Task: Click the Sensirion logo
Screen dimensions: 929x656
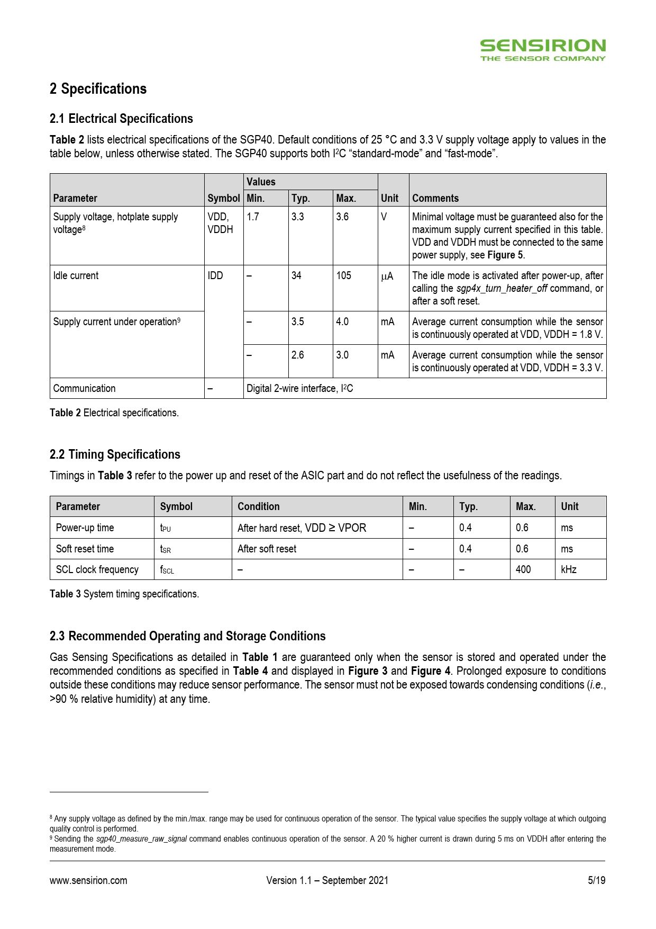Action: [x=542, y=50]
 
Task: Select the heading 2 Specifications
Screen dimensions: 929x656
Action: [x=98, y=89]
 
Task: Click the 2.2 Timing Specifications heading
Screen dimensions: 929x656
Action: [x=115, y=454]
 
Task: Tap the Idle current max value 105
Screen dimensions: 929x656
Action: [x=344, y=275]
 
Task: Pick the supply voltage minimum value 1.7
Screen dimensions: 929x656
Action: [x=253, y=217]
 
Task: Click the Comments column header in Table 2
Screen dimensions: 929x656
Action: [x=435, y=198]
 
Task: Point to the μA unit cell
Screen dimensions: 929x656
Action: [x=387, y=276]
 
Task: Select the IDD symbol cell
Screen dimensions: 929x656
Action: [x=215, y=275]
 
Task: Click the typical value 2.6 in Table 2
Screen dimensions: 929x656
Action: [x=298, y=355]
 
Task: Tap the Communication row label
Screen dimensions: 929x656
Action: [x=84, y=388]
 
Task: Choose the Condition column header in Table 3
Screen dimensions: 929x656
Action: [x=258, y=506]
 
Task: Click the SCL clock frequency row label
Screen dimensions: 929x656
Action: [x=97, y=569]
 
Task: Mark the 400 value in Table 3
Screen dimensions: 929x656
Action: [x=523, y=569]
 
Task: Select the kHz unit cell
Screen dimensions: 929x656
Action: [x=569, y=569]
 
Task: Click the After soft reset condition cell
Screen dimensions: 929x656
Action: [x=267, y=549]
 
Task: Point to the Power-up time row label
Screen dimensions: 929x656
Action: [x=85, y=528]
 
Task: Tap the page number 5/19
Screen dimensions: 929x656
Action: [x=596, y=880]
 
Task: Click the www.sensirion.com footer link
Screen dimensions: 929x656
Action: [x=88, y=880]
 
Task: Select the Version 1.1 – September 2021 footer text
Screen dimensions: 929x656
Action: [x=327, y=880]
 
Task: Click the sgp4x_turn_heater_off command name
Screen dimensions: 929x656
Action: [x=502, y=289]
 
